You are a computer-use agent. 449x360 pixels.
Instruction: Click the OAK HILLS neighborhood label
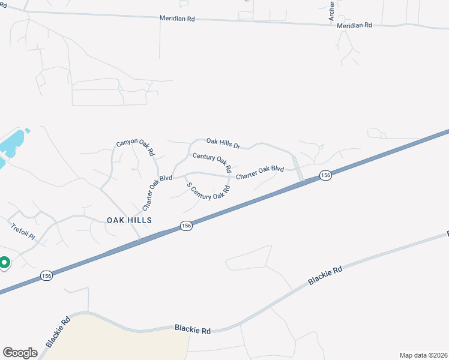(x=129, y=220)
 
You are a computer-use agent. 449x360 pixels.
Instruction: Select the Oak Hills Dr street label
(x=223, y=143)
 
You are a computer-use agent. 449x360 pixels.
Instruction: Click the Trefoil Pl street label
(x=23, y=232)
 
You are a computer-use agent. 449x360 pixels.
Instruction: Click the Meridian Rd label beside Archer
(x=354, y=26)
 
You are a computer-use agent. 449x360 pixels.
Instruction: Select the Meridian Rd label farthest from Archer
(x=177, y=19)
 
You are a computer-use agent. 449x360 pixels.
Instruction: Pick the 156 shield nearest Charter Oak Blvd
(x=325, y=175)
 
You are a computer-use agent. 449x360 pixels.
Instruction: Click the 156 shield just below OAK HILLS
(x=186, y=226)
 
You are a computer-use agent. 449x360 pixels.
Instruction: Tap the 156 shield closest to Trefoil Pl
(x=47, y=275)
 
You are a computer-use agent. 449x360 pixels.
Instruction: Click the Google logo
(x=20, y=353)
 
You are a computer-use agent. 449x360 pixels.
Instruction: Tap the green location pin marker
(x=4, y=263)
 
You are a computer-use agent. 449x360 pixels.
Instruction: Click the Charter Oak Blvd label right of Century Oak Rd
(x=259, y=173)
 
